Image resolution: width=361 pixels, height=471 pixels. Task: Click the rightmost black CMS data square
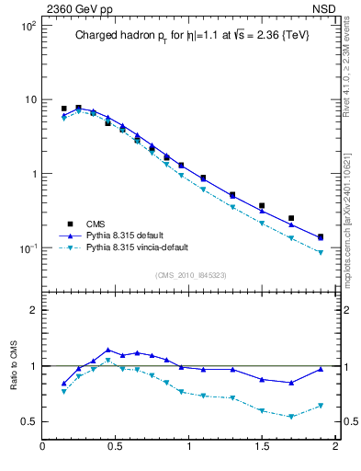click(x=321, y=237)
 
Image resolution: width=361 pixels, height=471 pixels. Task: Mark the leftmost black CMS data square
click(x=64, y=109)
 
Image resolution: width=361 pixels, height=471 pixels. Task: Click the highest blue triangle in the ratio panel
click(x=108, y=350)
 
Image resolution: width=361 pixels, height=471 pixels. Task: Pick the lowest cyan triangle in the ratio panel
click(x=291, y=417)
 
